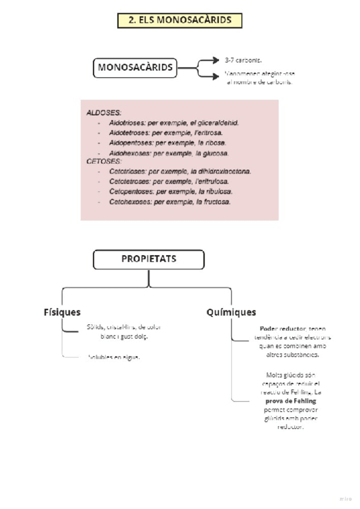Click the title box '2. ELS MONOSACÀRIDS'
(179, 20)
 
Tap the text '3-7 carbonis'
(243, 61)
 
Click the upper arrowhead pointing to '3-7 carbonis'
(217, 59)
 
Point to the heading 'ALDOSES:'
(103, 112)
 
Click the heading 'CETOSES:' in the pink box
(103, 161)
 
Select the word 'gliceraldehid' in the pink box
(218, 122)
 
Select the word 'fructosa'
(217, 202)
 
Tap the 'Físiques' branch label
(62, 312)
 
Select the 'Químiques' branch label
(231, 312)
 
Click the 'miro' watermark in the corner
(344, 498)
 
